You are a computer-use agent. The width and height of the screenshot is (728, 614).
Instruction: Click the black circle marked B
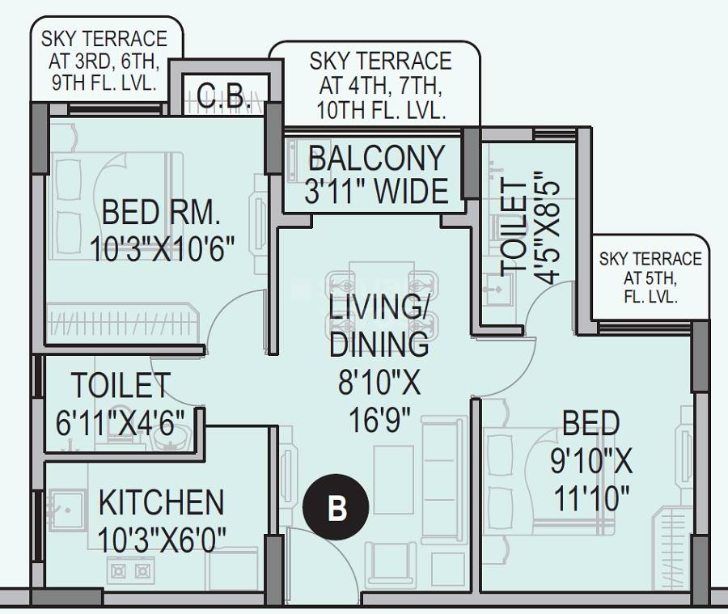[x=336, y=508]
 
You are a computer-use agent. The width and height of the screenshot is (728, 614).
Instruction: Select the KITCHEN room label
[x=161, y=502]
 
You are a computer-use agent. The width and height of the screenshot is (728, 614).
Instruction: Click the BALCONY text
[x=376, y=158]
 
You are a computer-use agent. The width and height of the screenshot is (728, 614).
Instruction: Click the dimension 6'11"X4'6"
[x=121, y=421]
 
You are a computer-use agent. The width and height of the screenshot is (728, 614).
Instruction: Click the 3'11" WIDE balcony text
[x=376, y=192]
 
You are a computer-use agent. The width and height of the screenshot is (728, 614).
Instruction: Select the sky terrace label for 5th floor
[x=650, y=277]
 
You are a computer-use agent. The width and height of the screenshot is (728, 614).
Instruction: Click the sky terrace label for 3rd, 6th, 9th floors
[x=104, y=61]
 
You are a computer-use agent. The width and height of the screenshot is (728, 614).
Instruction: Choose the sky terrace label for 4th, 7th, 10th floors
[x=380, y=85]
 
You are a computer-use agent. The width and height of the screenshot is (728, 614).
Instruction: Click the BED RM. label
[x=161, y=213]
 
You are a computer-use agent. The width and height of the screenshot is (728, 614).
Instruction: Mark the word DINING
[x=379, y=344]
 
